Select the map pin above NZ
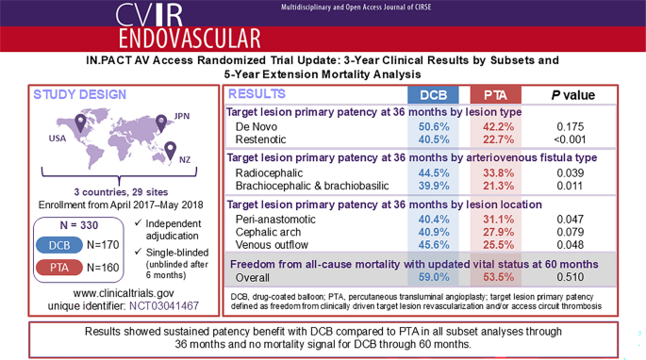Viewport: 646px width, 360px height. pyautogui.click(x=170, y=151)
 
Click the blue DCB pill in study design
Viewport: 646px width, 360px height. pyautogui.click(x=59, y=245)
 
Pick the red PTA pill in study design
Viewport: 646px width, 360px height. pyautogui.click(x=59, y=268)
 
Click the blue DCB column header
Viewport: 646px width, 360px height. pyautogui.click(x=433, y=95)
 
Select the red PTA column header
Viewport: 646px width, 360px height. pyautogui.click(x=496, y=95)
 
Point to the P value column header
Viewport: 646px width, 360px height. pyautogui.click(x=573, y=95)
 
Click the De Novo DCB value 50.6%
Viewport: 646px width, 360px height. pyautogui.click(x=434, y=126)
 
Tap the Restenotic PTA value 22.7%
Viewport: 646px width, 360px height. pyautogui.click(x=499, y=139)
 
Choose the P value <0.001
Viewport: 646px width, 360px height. pyautogui.click(x=570, y=139)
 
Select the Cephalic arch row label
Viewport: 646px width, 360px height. pyautogui.click(x=268, y=233)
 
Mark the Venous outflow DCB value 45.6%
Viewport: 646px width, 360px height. pyautogui.click(x=434, y=245)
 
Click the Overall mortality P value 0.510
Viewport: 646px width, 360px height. pyautogui.click(x=571, y=277)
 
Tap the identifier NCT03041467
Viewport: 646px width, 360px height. pyautogui.click(x=164, y=306)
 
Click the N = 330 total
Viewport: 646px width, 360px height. pyautogui.click(x=79, y=225)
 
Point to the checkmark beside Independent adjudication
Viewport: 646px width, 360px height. pyautogui.click(x=138, y=222)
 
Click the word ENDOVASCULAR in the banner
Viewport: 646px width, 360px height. pyautogui.click(x=190, y=39)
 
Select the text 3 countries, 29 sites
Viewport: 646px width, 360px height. pyautogui.click(x=121, y=192)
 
